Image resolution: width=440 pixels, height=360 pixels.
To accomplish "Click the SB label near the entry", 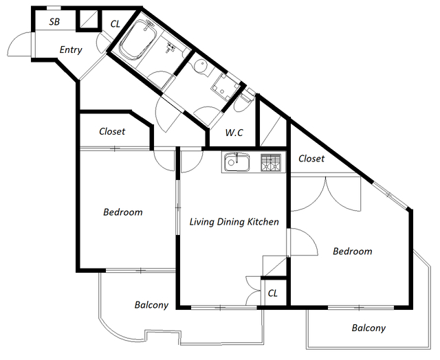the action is pos(54,21).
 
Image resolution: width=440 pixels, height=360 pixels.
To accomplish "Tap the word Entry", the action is pos(71,50).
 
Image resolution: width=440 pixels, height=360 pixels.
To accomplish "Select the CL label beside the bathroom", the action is pos(115,24).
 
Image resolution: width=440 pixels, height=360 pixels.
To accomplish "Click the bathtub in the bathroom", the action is pos(137,40).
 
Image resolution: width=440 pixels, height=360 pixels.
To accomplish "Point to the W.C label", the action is pos(234,133).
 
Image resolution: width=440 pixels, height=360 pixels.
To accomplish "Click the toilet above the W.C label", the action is pos(245,100).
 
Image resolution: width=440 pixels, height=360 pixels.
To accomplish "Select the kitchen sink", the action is pos(236,162).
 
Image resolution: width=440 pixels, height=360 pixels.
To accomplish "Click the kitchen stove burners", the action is pos(271,162).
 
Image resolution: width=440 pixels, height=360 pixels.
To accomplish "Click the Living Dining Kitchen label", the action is pos(234,222).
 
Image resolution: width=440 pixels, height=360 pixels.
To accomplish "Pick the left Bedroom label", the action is pos(123,212).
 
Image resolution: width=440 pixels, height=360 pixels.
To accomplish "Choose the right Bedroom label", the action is pos(353,251).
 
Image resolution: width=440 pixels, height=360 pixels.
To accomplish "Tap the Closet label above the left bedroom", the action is pos(112,131).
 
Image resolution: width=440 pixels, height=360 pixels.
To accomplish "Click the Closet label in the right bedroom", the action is pos(311,159).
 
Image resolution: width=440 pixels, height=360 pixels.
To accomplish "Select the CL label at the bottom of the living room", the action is pos(273,293).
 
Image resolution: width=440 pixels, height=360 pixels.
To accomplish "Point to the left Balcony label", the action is pos(151,305).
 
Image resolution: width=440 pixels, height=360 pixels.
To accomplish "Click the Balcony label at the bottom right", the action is pos(368,328).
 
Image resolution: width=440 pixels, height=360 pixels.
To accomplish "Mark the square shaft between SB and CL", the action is pos(89,19).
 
